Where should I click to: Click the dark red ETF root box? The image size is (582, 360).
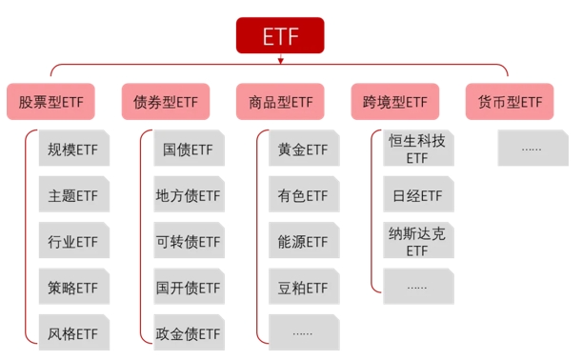pyautogui.click(x=280, y=35)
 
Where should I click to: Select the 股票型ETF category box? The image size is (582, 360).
pyautogui.click(x=50, y=101)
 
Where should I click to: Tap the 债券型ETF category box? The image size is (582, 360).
pyautogui.click(x=166, y=101)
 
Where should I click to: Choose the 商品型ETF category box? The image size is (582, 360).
pyautogui.click(x=280, y=101)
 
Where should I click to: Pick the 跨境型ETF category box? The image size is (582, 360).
pyautogui.click(x=395, y=101)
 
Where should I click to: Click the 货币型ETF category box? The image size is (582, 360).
pyautogui.click(x=510, y=101)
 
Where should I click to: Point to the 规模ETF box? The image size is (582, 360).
pyautogui.click(x=74, y=148)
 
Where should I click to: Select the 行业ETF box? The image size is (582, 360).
pyautogui.click(x=74, y=240)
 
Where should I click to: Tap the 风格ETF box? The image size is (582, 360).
pyautogui.click(x=74, y=332)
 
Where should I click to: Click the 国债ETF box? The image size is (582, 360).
pyautogui.click(x=190, y=148)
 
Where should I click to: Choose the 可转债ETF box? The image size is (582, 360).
pyautogui.click(x=190, y=240)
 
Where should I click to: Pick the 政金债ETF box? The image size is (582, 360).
pyautogui.click(x=190, y=332)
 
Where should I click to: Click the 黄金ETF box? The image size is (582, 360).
pyautogui.click(x=304, y=148)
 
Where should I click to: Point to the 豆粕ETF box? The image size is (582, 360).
pyautogui.click(x=304, y=287)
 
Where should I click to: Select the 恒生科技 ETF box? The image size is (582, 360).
pyautogui.click(x=419, y=148)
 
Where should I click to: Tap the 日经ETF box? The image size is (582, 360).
pyautogui.click(x=419, y=194)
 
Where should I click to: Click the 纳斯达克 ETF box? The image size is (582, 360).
pyautogui.click(x=419, y=240)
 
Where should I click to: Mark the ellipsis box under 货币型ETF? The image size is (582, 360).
pyautogui.click(x=533, y=148)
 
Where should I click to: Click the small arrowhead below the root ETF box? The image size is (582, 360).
pyautogui.click(x=281, y=60)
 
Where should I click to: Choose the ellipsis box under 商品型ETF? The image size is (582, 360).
pyautogui.click(x=304, y=332)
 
